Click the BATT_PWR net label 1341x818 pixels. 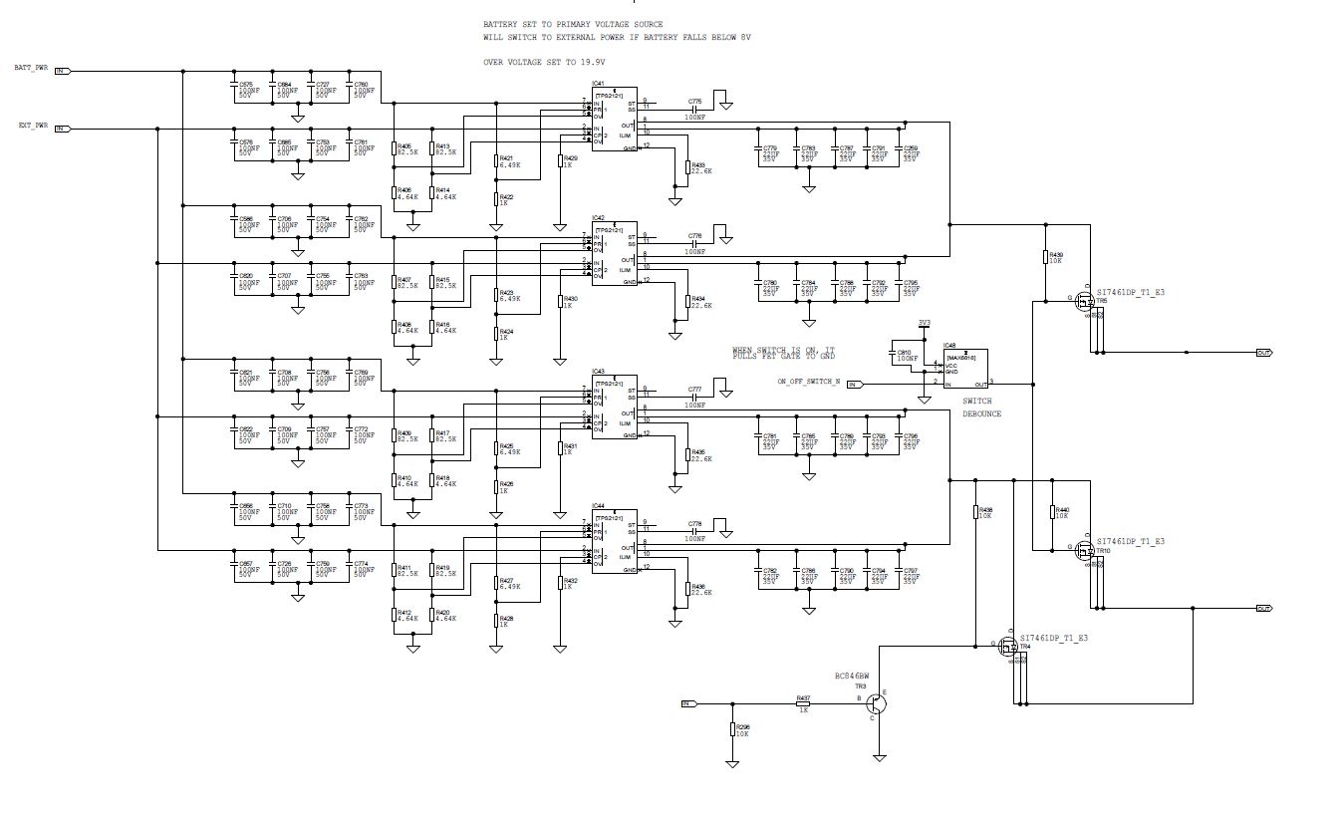click(x=30, y=68)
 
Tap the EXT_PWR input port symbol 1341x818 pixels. click(x=62, y=129)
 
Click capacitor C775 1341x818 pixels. click(x=694, y=110)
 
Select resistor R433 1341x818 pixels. click(x=686, y=171)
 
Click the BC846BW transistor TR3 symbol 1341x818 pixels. click(x=875, y=701)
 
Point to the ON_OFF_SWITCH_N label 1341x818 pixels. click(x=809, y=382)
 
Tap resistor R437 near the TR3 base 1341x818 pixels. click(x=803, y=703)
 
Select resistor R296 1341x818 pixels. click(x=733, y=729)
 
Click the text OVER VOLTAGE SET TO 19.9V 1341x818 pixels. click(x=544, y=62)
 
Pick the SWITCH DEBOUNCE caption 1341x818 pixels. click(x=981, y=408)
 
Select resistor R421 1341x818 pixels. click(x=497, y=161)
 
